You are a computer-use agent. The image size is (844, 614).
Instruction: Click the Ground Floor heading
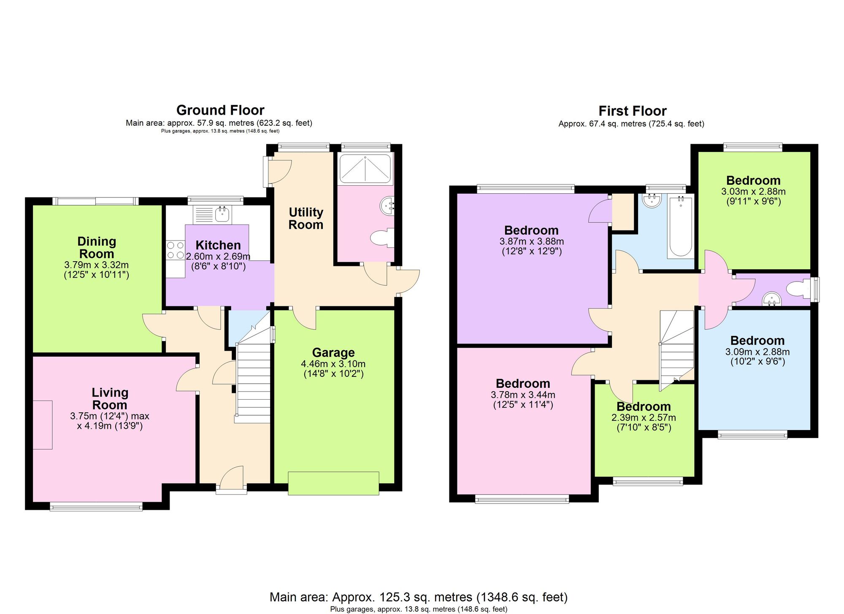tap(220, 110)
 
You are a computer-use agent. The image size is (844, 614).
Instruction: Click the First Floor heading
tap(632, 111)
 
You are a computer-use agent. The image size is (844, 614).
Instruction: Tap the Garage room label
tap(333, 352)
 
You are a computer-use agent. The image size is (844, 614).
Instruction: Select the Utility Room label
tap(306, 218)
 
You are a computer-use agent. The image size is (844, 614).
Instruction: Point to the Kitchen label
tap(218, 245)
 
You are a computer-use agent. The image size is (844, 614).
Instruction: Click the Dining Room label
tap(97, 248)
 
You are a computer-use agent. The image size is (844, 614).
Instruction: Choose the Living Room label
tap(110, 398)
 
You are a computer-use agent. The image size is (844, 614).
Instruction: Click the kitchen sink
tap(222, 215)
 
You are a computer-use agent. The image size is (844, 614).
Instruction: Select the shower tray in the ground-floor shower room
tap(365, 169)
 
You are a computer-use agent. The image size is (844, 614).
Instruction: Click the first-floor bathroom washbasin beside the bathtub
tap(652, 200)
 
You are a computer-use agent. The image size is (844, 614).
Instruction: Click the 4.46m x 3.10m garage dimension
tap(333, 364)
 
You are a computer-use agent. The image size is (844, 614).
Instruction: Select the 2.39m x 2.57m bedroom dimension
tap(644, 418)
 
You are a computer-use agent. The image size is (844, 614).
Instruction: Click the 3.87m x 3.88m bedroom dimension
tap(532, 242)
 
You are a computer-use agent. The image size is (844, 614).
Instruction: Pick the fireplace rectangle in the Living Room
tap(43, 425)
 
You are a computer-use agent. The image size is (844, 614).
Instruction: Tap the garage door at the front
tap(333, 483)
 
